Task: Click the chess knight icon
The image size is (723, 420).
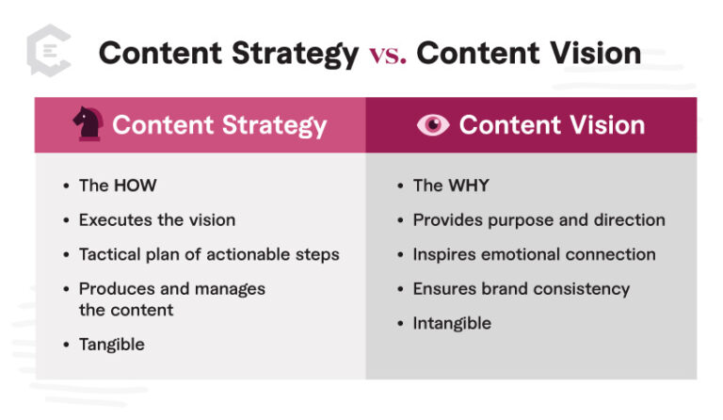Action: (88, 124)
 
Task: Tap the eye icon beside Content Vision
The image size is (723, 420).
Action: (433, 125)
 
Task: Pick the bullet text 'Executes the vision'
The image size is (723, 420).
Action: (156, 219)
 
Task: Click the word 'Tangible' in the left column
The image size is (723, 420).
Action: (111, 344)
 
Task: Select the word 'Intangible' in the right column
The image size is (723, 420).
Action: (452, 323)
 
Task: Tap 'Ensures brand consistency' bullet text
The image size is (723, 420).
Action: (521, 288)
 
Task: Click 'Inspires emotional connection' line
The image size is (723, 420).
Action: (534, 254)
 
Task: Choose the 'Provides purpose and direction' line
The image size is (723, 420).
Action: (538, 219)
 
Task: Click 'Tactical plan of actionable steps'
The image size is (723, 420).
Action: (209, 254)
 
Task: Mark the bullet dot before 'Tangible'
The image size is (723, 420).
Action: (66, 345)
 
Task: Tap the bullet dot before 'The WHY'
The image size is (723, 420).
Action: (400, 186)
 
